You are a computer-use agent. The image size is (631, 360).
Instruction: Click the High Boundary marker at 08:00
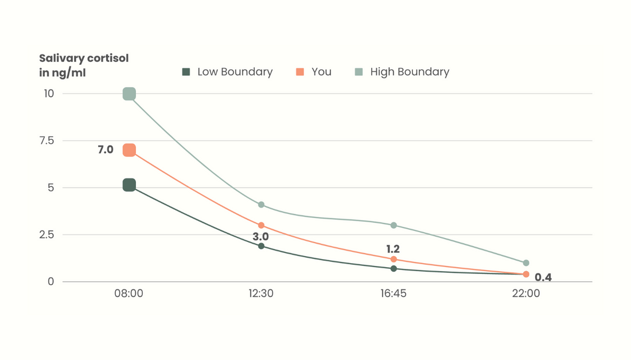[x=129, y=94]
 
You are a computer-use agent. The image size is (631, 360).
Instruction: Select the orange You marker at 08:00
[x=129, y=150]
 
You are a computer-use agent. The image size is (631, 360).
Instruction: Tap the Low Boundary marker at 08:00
[x=129, y=185]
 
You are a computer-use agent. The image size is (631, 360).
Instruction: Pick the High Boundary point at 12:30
[x=262, y=205]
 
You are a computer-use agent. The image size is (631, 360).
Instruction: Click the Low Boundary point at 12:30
[x=262, y=246]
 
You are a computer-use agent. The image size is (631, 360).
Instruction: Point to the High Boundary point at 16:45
[x=394, y=225]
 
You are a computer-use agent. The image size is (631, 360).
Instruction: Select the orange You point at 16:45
[x=394, y=260]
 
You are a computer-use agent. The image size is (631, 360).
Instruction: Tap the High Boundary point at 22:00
[x=526, y=263]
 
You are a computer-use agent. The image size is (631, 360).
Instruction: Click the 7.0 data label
[x=106, y=150]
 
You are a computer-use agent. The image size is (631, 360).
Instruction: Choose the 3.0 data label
[x=261, y=236]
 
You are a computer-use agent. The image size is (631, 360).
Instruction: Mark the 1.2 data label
[x=393, y=249]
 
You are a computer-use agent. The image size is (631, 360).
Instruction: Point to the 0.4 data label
[x=543, y=277]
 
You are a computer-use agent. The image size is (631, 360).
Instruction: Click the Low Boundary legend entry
[x=228, y=72]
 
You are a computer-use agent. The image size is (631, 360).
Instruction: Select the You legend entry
[x=314, y=72]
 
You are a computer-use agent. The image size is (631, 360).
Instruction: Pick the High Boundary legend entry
[x=402, y=72]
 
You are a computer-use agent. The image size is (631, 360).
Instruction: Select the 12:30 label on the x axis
[x=261, y=294]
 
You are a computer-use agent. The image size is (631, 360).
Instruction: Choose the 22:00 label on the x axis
[x=526, y=294]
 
